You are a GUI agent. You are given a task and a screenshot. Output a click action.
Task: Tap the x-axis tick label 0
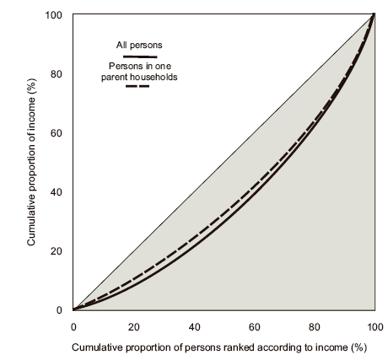tap(73, 326)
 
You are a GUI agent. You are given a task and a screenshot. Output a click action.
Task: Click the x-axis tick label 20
tap(133, 326)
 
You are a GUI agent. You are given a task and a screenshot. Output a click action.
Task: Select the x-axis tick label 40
tap(193, 326)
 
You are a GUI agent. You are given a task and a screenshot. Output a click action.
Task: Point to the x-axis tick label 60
tap(254, 326)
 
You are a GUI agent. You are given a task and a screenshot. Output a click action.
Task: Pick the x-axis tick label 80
tap(314, 326)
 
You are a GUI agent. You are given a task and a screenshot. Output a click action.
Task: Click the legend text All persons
tap(138, 45)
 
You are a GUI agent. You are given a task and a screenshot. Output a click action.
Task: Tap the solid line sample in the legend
tap(138, 56)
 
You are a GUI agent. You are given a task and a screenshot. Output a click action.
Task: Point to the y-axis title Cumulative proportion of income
tap(30, 162)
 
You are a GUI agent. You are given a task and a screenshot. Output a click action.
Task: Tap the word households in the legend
tap(160, 77)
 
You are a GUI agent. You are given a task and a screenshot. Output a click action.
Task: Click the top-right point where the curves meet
tap(373, 14)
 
